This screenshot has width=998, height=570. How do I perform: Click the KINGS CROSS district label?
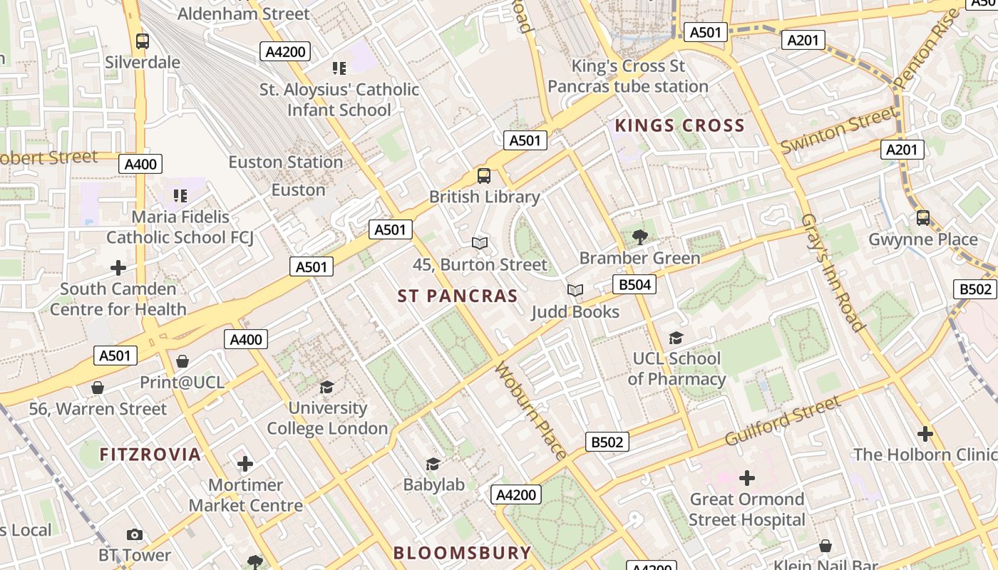point(679,126)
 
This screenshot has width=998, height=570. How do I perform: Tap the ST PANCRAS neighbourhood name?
point(458,296)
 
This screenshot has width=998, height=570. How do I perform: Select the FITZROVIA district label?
point(150,455)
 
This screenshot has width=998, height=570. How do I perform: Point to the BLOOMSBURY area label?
point(462,553)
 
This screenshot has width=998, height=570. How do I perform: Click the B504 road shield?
point(634,285)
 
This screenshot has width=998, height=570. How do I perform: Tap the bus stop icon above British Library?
point(484,175)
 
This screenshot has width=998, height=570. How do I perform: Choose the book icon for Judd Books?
point(575,291)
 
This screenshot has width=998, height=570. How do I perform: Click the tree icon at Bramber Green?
point(639,237)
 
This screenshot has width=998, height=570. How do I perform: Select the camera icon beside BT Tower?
point(134,534)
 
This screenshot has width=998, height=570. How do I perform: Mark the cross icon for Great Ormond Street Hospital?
point(747,477)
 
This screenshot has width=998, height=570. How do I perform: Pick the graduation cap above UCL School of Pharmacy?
point(676,338)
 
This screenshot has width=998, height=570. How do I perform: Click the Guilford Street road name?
point(783,420)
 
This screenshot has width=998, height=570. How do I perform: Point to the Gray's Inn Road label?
point(833,272)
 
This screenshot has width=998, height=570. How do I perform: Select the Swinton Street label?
point(838,130)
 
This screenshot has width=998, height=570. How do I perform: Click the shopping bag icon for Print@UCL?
point(182,361)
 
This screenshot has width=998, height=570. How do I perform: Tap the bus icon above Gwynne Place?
point(923,218)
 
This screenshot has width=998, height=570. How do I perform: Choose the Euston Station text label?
point(285,162)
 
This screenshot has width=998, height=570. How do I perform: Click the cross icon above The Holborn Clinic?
point(925,433)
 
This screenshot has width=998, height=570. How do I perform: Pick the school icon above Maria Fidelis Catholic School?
point(180,195)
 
